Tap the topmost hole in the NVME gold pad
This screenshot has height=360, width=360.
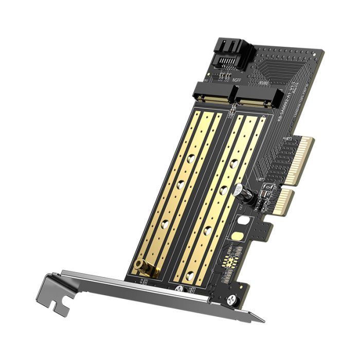click(235, 164)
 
